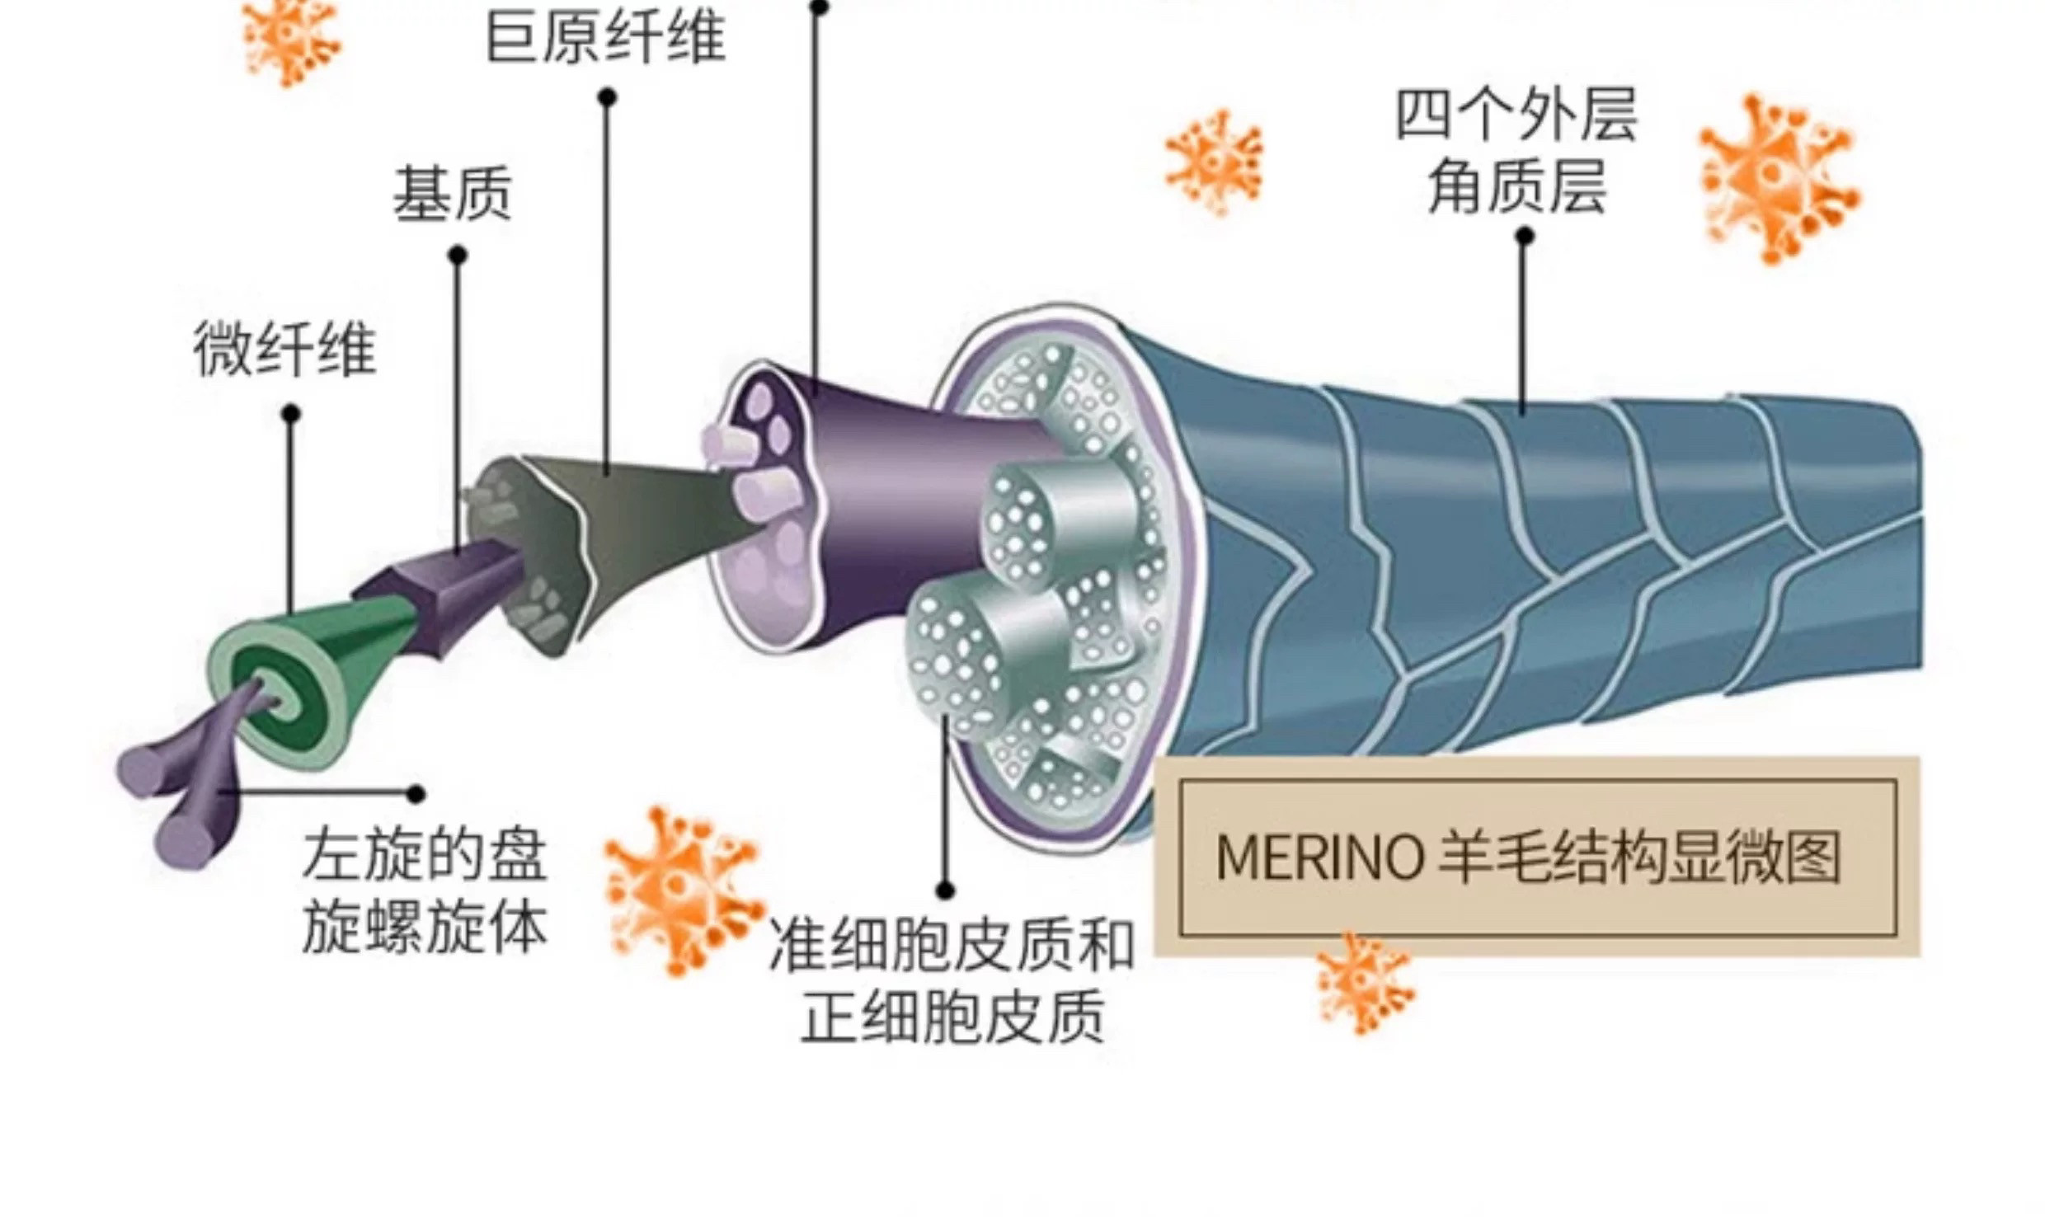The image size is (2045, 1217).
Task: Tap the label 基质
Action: pos(452,195)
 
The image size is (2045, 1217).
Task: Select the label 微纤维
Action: pos(284,350)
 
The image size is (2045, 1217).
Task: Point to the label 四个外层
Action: pos(1516,115)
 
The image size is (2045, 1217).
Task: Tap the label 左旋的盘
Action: pos(425,854)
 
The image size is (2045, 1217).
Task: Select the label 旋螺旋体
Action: pos(425,927)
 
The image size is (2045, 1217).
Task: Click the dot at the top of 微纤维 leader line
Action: pos(290,413)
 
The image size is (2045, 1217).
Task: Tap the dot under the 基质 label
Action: pos(458,256)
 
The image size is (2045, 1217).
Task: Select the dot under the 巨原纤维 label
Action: pos(607,97)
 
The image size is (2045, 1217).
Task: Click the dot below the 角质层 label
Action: pos(1525,236)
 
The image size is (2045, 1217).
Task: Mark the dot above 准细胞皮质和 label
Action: pos(946,890)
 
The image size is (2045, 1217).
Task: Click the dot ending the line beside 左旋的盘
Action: pos(416,794)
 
